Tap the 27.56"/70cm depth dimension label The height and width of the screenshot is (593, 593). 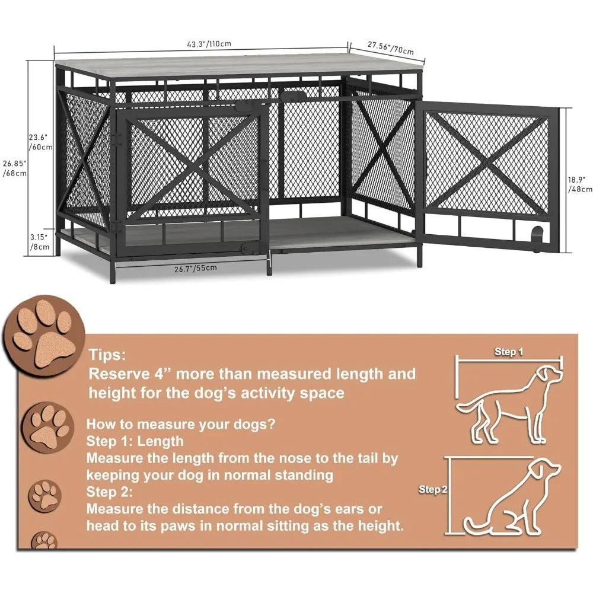click(390, 47)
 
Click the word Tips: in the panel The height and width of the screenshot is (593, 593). click(107, 355)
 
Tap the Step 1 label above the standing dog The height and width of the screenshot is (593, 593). click(509, 352)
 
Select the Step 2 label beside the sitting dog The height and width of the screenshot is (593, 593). click(432, 489)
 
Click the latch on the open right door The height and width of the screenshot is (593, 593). click(537, 232)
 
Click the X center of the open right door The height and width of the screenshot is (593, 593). click(487, 158)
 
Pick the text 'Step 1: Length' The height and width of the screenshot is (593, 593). click(135, 441)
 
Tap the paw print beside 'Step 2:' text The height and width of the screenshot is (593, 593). click(47, 494)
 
